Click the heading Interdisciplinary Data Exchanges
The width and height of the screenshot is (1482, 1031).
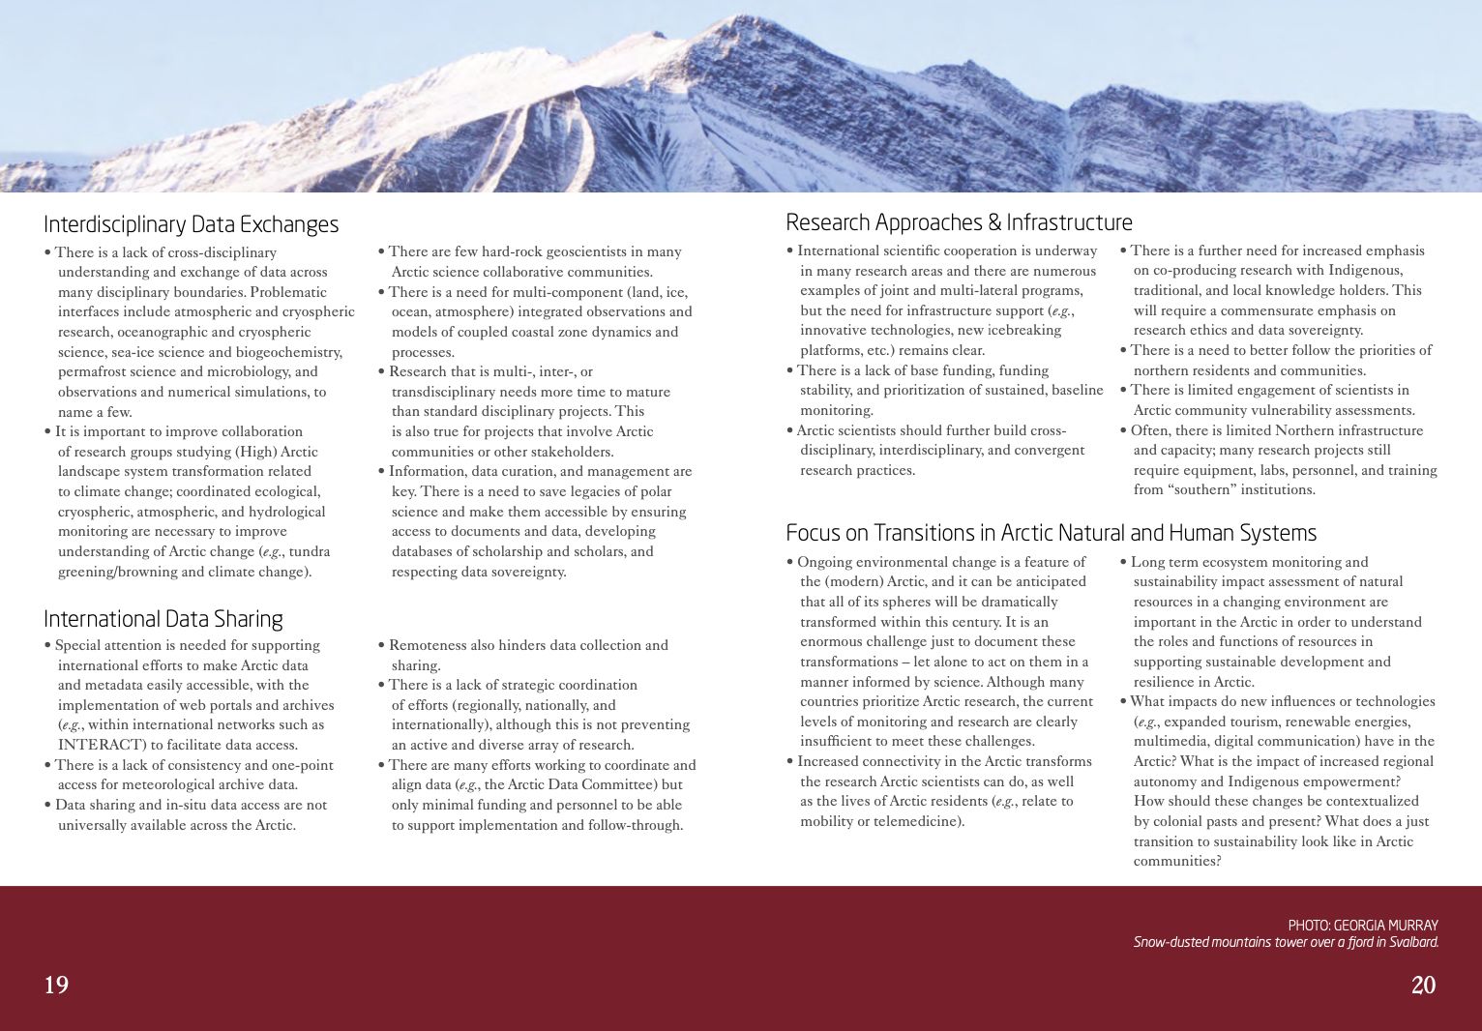191,224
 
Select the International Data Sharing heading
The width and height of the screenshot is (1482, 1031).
163,619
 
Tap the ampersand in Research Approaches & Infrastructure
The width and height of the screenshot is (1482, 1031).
993,222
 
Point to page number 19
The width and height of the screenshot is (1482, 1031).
56,985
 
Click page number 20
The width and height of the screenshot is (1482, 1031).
1423,985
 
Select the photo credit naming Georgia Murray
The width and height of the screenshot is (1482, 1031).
1362,926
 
